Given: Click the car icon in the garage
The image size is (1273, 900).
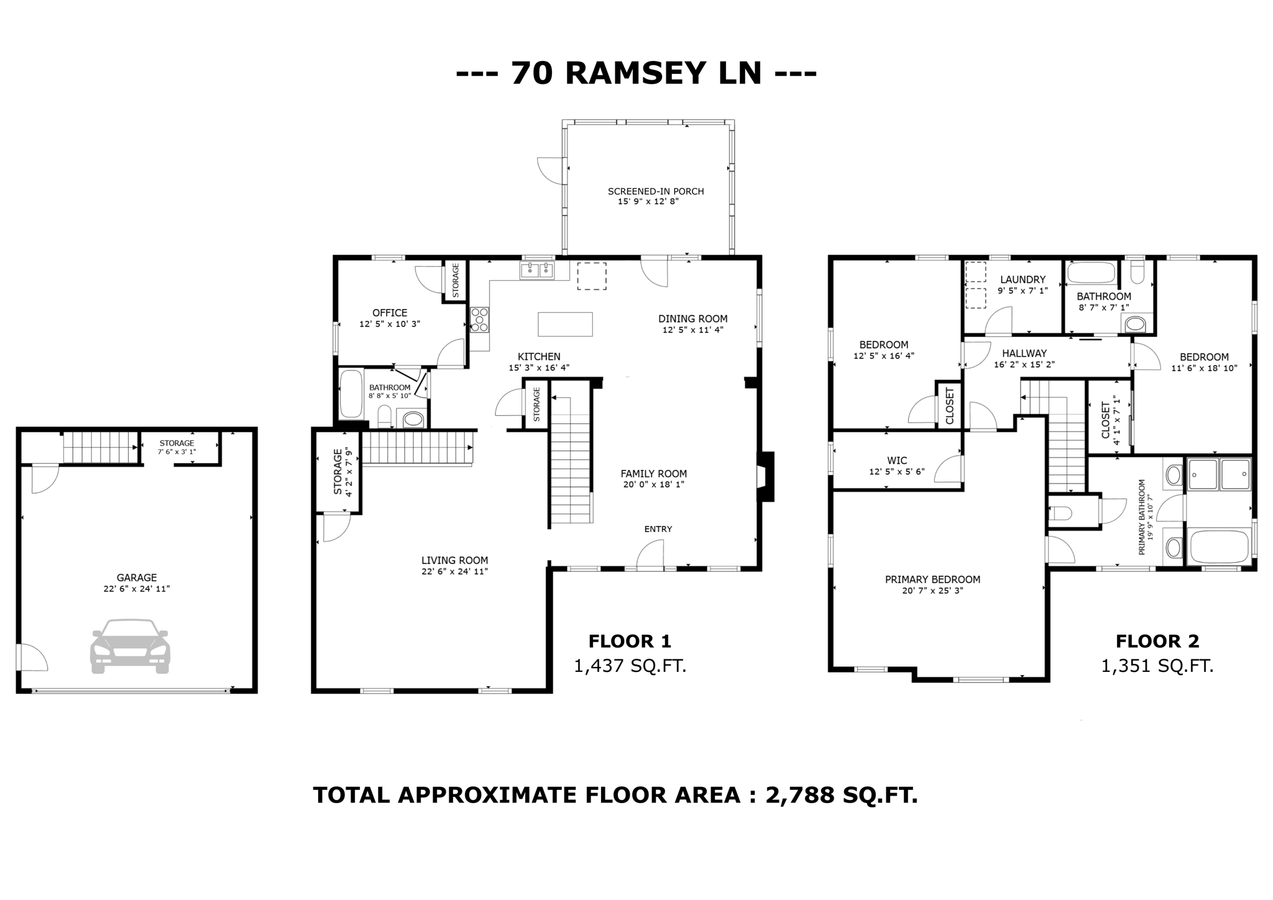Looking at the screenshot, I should point(130,646).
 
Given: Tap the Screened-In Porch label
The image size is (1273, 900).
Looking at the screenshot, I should point(656,191).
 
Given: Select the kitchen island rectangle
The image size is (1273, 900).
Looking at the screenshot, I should point(565,324).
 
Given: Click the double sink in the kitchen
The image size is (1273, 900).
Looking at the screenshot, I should point(537,270).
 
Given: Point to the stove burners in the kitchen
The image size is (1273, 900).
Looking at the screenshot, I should point(480,319).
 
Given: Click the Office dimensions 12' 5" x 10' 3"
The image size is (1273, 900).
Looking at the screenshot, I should point(390,324).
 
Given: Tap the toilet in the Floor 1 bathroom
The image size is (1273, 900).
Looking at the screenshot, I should point(385,416).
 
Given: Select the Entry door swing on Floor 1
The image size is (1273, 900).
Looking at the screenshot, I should point(650,554).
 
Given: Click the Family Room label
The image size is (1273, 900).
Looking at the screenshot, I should point(653,474).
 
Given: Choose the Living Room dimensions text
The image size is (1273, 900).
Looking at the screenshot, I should point(454,571).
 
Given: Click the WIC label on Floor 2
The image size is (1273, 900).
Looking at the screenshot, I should point(897,461).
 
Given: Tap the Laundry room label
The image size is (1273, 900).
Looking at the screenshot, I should point(1023,280).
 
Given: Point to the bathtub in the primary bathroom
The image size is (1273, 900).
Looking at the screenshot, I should point(1218,546).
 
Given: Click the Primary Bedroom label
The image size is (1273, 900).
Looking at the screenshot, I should point(932,579).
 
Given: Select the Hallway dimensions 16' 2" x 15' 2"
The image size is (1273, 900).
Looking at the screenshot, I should point(1024,365).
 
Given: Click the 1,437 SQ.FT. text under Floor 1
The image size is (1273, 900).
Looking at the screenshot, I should point(630,666).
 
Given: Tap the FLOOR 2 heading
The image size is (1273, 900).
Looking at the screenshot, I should point(1157,641).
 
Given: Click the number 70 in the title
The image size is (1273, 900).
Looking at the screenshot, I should point(532,73).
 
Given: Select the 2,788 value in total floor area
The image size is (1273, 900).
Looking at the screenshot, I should point(799,795).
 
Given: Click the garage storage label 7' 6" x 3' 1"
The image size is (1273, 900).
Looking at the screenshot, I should point(177,452).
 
